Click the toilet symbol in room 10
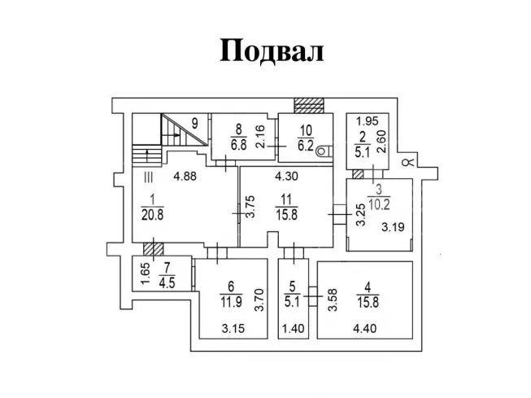(x=324, y=149)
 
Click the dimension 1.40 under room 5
(x=290, y=330)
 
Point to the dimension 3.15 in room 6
(x=234, y=330)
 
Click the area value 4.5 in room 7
(x=167, y=283)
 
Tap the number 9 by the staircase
(x=195, y=123)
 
